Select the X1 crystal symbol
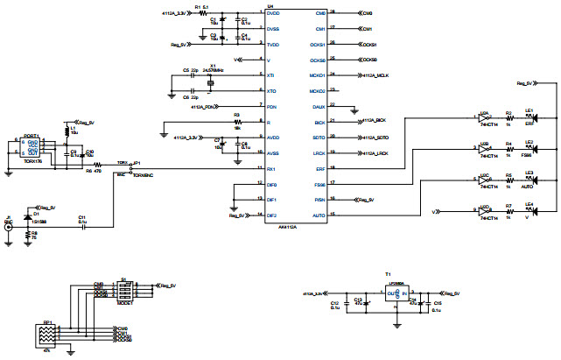pos(211,83)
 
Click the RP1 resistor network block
pos(46,336)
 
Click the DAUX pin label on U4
pos(319,106)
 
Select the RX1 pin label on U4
pos(272,167)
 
